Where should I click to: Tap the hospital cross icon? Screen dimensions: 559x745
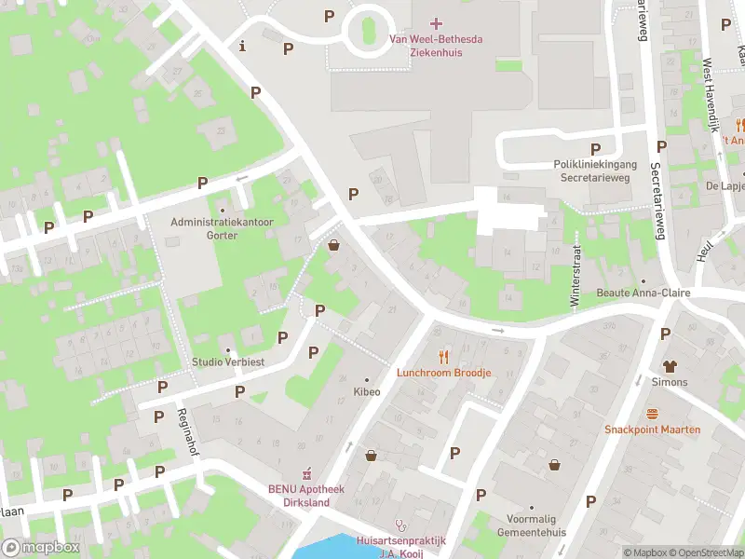click(437, 22)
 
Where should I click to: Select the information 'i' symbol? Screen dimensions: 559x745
click(243, 46)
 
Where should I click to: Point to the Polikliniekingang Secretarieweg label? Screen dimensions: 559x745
click(592, 170)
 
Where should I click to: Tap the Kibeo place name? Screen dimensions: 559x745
click(366, 393)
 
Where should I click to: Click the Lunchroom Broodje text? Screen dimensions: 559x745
click(443, 373)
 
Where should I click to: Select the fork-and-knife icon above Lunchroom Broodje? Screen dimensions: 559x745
click(443, 356)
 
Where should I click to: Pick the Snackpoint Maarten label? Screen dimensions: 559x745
click(652, 429)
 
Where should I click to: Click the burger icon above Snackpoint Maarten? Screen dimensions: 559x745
click(652, 413)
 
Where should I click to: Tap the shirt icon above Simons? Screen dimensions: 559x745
click(669, 366)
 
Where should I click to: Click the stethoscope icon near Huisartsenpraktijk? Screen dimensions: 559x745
click(400, 525)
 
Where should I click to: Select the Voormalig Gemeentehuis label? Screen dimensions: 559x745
click(536, 525)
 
